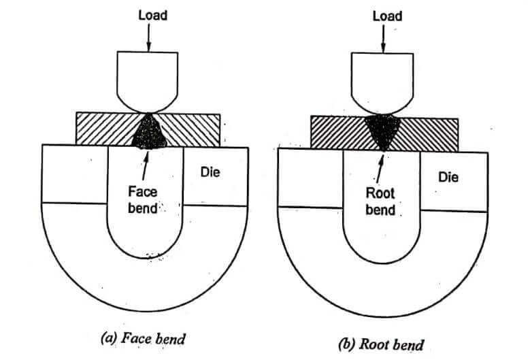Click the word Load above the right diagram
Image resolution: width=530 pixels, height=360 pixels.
386,16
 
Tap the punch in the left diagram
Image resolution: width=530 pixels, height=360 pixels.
147,78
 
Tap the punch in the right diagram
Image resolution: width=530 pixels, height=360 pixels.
384,80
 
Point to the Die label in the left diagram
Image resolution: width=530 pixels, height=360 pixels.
210,172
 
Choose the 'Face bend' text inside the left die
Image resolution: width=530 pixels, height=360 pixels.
144,199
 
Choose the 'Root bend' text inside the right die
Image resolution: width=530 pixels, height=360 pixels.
380,201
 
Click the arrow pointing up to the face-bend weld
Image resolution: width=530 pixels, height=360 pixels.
144,165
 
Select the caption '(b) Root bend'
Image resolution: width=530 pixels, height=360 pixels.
381,343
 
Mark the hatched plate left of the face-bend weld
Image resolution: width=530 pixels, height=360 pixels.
102,129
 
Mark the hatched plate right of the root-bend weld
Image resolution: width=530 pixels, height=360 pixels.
429,133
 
